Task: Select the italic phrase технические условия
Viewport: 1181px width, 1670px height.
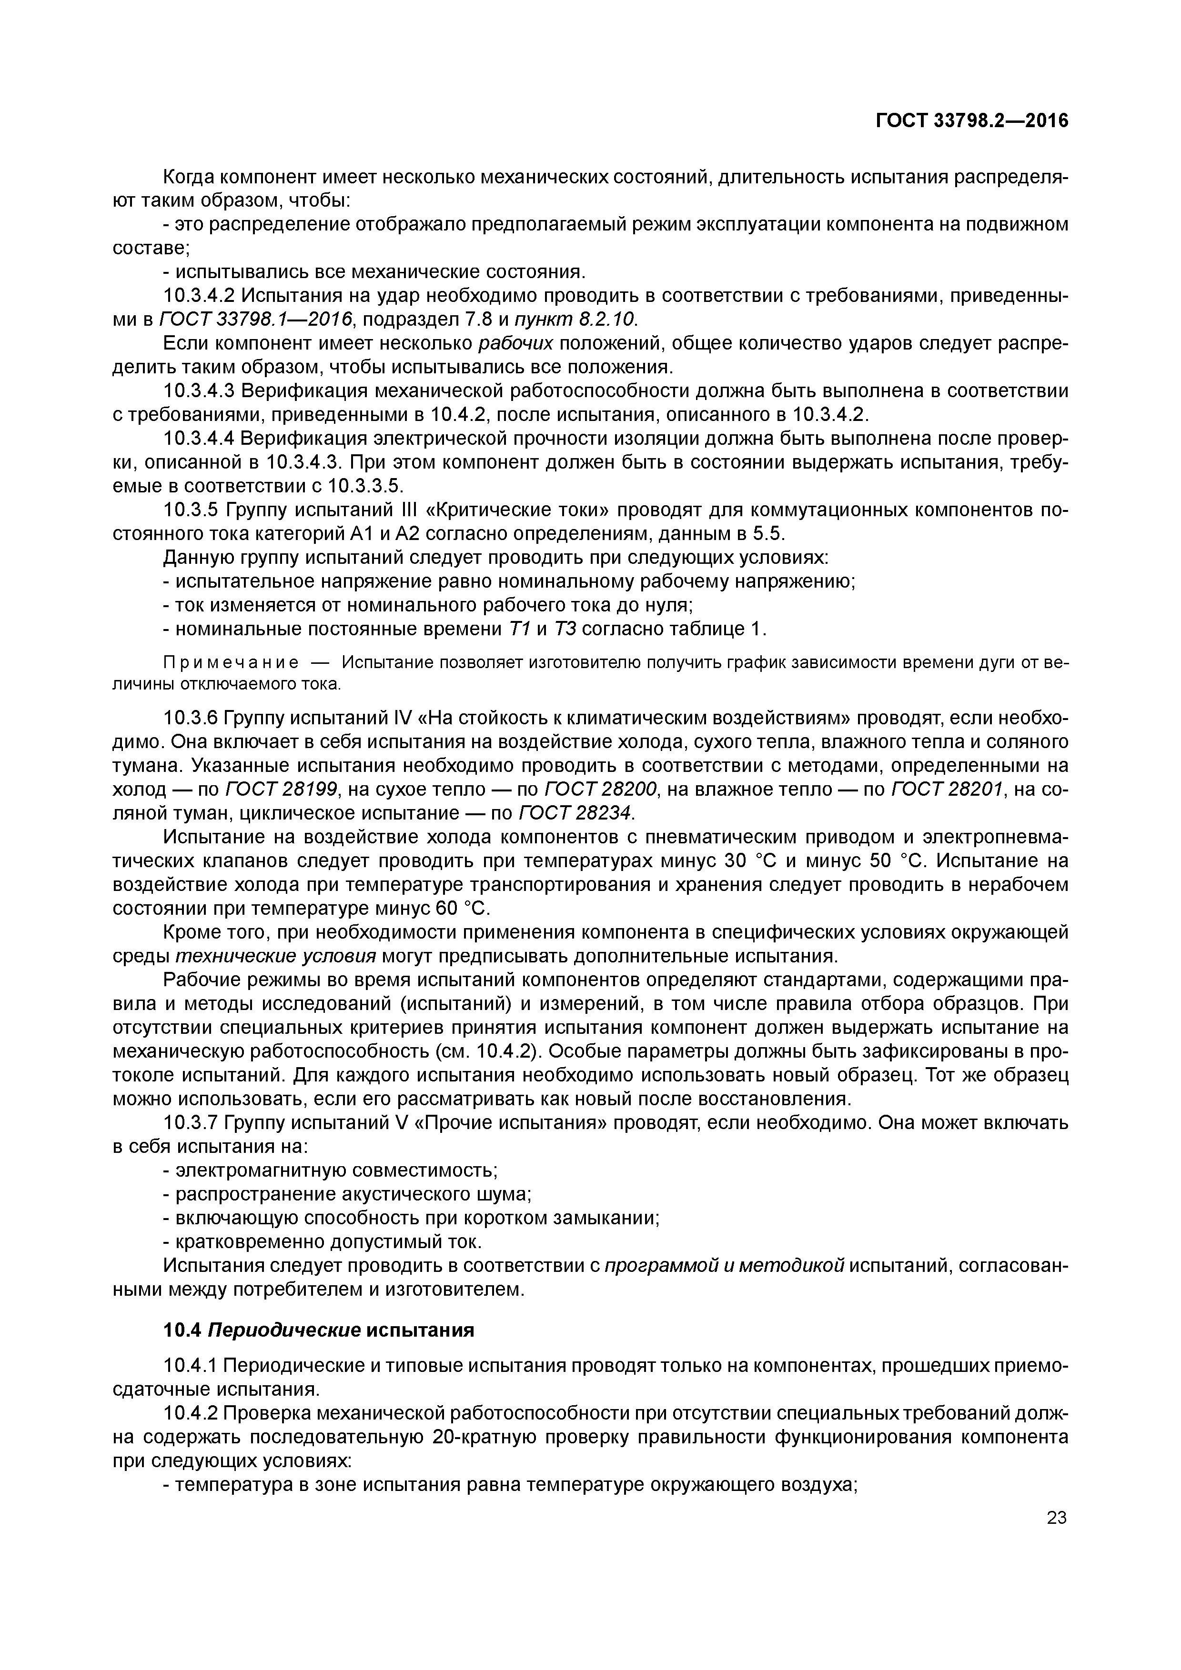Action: point(276,956)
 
